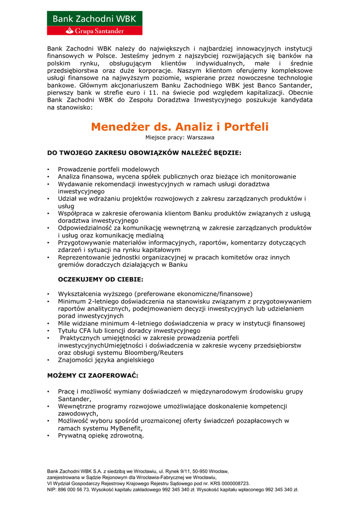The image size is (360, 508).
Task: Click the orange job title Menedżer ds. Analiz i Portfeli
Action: click(x=180, y=127)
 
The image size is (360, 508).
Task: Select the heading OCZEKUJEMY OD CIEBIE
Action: click(x=100, y=279)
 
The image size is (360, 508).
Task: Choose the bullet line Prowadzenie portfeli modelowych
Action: click(x=108, y=169)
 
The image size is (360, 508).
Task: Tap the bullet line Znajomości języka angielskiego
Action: click(x=106, y=360)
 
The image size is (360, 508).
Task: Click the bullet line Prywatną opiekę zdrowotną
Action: click(x=101, y=436)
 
